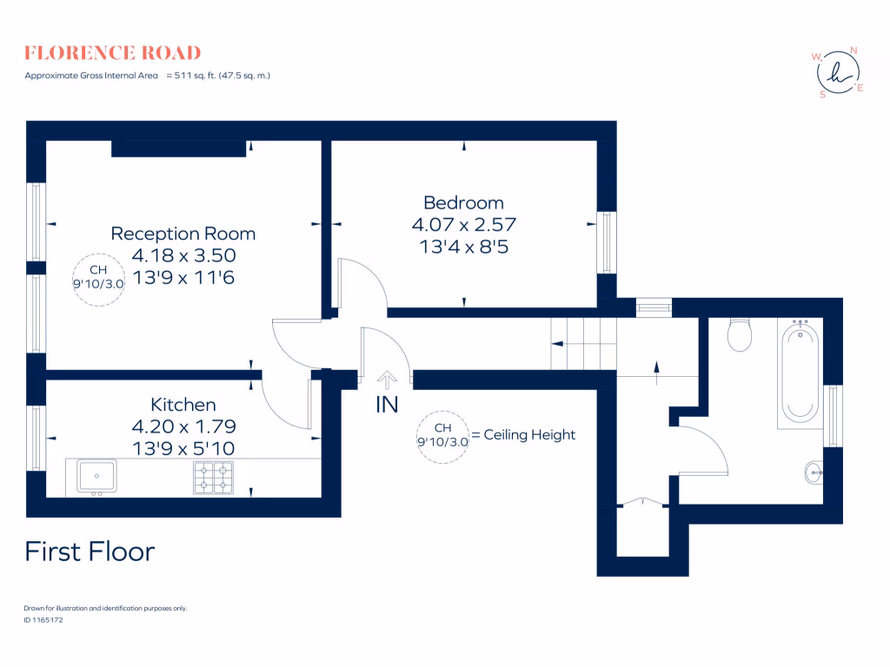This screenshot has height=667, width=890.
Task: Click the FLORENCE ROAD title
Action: coord(113,53)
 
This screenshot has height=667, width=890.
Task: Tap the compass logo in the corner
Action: coord(839,72)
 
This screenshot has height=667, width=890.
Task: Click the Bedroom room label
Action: coord(463,203)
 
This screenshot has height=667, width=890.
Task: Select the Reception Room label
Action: coord(183,234)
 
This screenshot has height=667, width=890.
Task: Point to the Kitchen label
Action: coord(183,405)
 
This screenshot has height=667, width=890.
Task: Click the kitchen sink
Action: coord(97,476)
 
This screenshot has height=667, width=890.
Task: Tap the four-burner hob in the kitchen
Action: coord(213,477)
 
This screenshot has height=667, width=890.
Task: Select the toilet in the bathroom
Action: coord(740,335)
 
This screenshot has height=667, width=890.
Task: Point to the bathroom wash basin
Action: coord(811,472)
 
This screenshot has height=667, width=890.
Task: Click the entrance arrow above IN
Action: coord(387,378)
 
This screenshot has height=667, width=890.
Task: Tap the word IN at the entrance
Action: coord(387,405)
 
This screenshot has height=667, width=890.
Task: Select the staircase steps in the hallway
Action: coord(582,343)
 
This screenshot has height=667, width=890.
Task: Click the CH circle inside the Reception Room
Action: coord(98,280)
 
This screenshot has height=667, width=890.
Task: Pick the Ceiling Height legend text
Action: coord(528,434)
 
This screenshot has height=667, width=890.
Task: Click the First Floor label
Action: coord(90,551)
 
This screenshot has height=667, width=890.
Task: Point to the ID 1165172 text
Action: coord(43,620)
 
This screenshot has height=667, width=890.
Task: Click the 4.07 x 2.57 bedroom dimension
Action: coord(463,224)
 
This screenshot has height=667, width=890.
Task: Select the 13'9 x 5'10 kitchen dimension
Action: coord(183,447)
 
